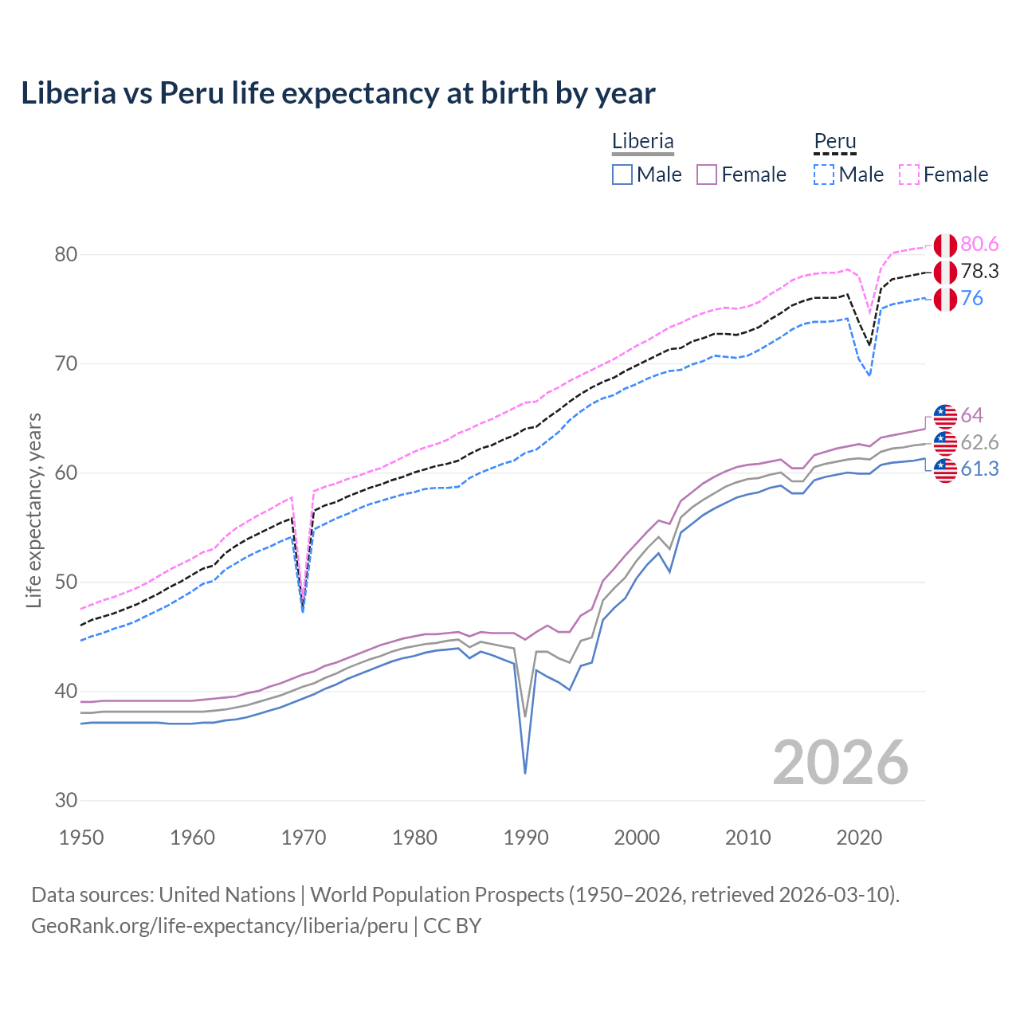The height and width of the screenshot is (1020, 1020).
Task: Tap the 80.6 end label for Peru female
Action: click(979, 244)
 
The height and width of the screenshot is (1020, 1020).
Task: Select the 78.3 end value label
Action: click(979, 271)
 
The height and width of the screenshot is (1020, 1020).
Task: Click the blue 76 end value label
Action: click(971, 298)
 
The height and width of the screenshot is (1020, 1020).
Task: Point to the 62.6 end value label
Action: click(979, 442)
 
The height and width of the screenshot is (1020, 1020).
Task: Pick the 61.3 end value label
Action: click(979, 469)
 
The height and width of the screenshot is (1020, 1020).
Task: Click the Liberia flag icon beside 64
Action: click(945, 416)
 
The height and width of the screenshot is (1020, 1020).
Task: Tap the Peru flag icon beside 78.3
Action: click(945, 272)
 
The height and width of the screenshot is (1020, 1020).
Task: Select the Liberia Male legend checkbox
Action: click(622, 175)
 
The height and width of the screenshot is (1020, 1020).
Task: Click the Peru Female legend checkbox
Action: click(909, 175)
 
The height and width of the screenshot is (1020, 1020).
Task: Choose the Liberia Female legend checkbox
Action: click(707, 175)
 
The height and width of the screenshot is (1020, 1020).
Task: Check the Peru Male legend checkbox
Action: click(824, 175)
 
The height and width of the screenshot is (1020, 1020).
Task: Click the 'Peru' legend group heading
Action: click(834, 141)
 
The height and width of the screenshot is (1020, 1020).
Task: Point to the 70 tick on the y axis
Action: click(66, 364)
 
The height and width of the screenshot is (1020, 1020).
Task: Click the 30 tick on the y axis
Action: click(66, 800)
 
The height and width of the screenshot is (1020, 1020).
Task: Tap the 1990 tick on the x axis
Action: click(526, 838)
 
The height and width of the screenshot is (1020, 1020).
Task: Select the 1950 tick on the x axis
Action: click(81, 838)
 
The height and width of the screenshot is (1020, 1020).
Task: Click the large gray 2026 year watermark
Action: click(841, 763)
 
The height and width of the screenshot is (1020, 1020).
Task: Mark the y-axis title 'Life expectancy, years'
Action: click(34, 510)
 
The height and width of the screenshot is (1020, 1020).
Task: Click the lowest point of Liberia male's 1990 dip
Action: click(525, 773)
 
